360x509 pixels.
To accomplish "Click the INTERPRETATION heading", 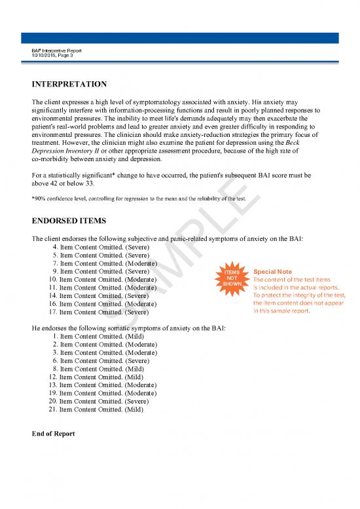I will (x=65, y=85).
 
